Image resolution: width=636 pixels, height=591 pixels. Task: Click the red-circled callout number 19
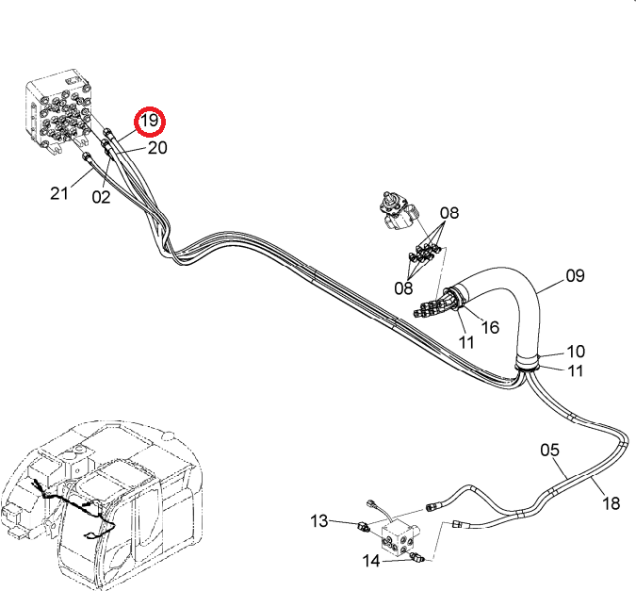(150, 121)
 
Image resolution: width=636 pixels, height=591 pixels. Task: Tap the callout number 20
(157, 148)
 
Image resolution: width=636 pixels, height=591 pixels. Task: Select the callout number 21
(59, 193)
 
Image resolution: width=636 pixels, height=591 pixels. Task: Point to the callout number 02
(101, 197)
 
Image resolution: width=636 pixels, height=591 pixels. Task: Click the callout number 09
(575, 276)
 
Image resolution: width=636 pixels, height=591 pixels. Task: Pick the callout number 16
(490, 327)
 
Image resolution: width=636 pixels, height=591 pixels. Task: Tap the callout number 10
(575, 352)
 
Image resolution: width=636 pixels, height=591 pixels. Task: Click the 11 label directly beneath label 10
(575, 370)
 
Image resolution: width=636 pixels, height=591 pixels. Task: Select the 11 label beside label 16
(466, 342)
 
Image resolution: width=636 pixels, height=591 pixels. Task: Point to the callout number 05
(549, 451)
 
